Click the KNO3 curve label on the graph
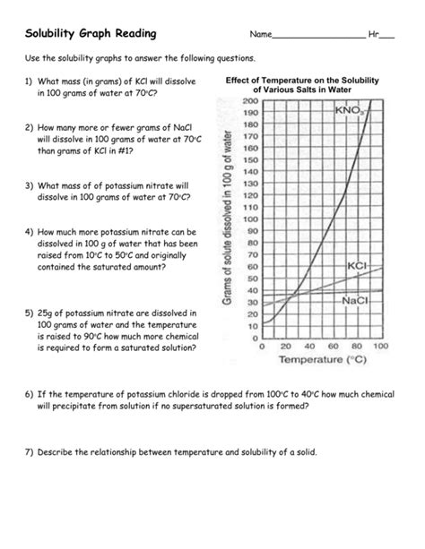[x=348, y=111]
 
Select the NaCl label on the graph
[x=357, y=301]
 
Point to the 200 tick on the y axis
[x=249, y=101]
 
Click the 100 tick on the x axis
[x=380, y=345]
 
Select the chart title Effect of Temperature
[x=302, y=85]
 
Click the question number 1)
[x=29, y=81]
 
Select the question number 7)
[x=29, y=452]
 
